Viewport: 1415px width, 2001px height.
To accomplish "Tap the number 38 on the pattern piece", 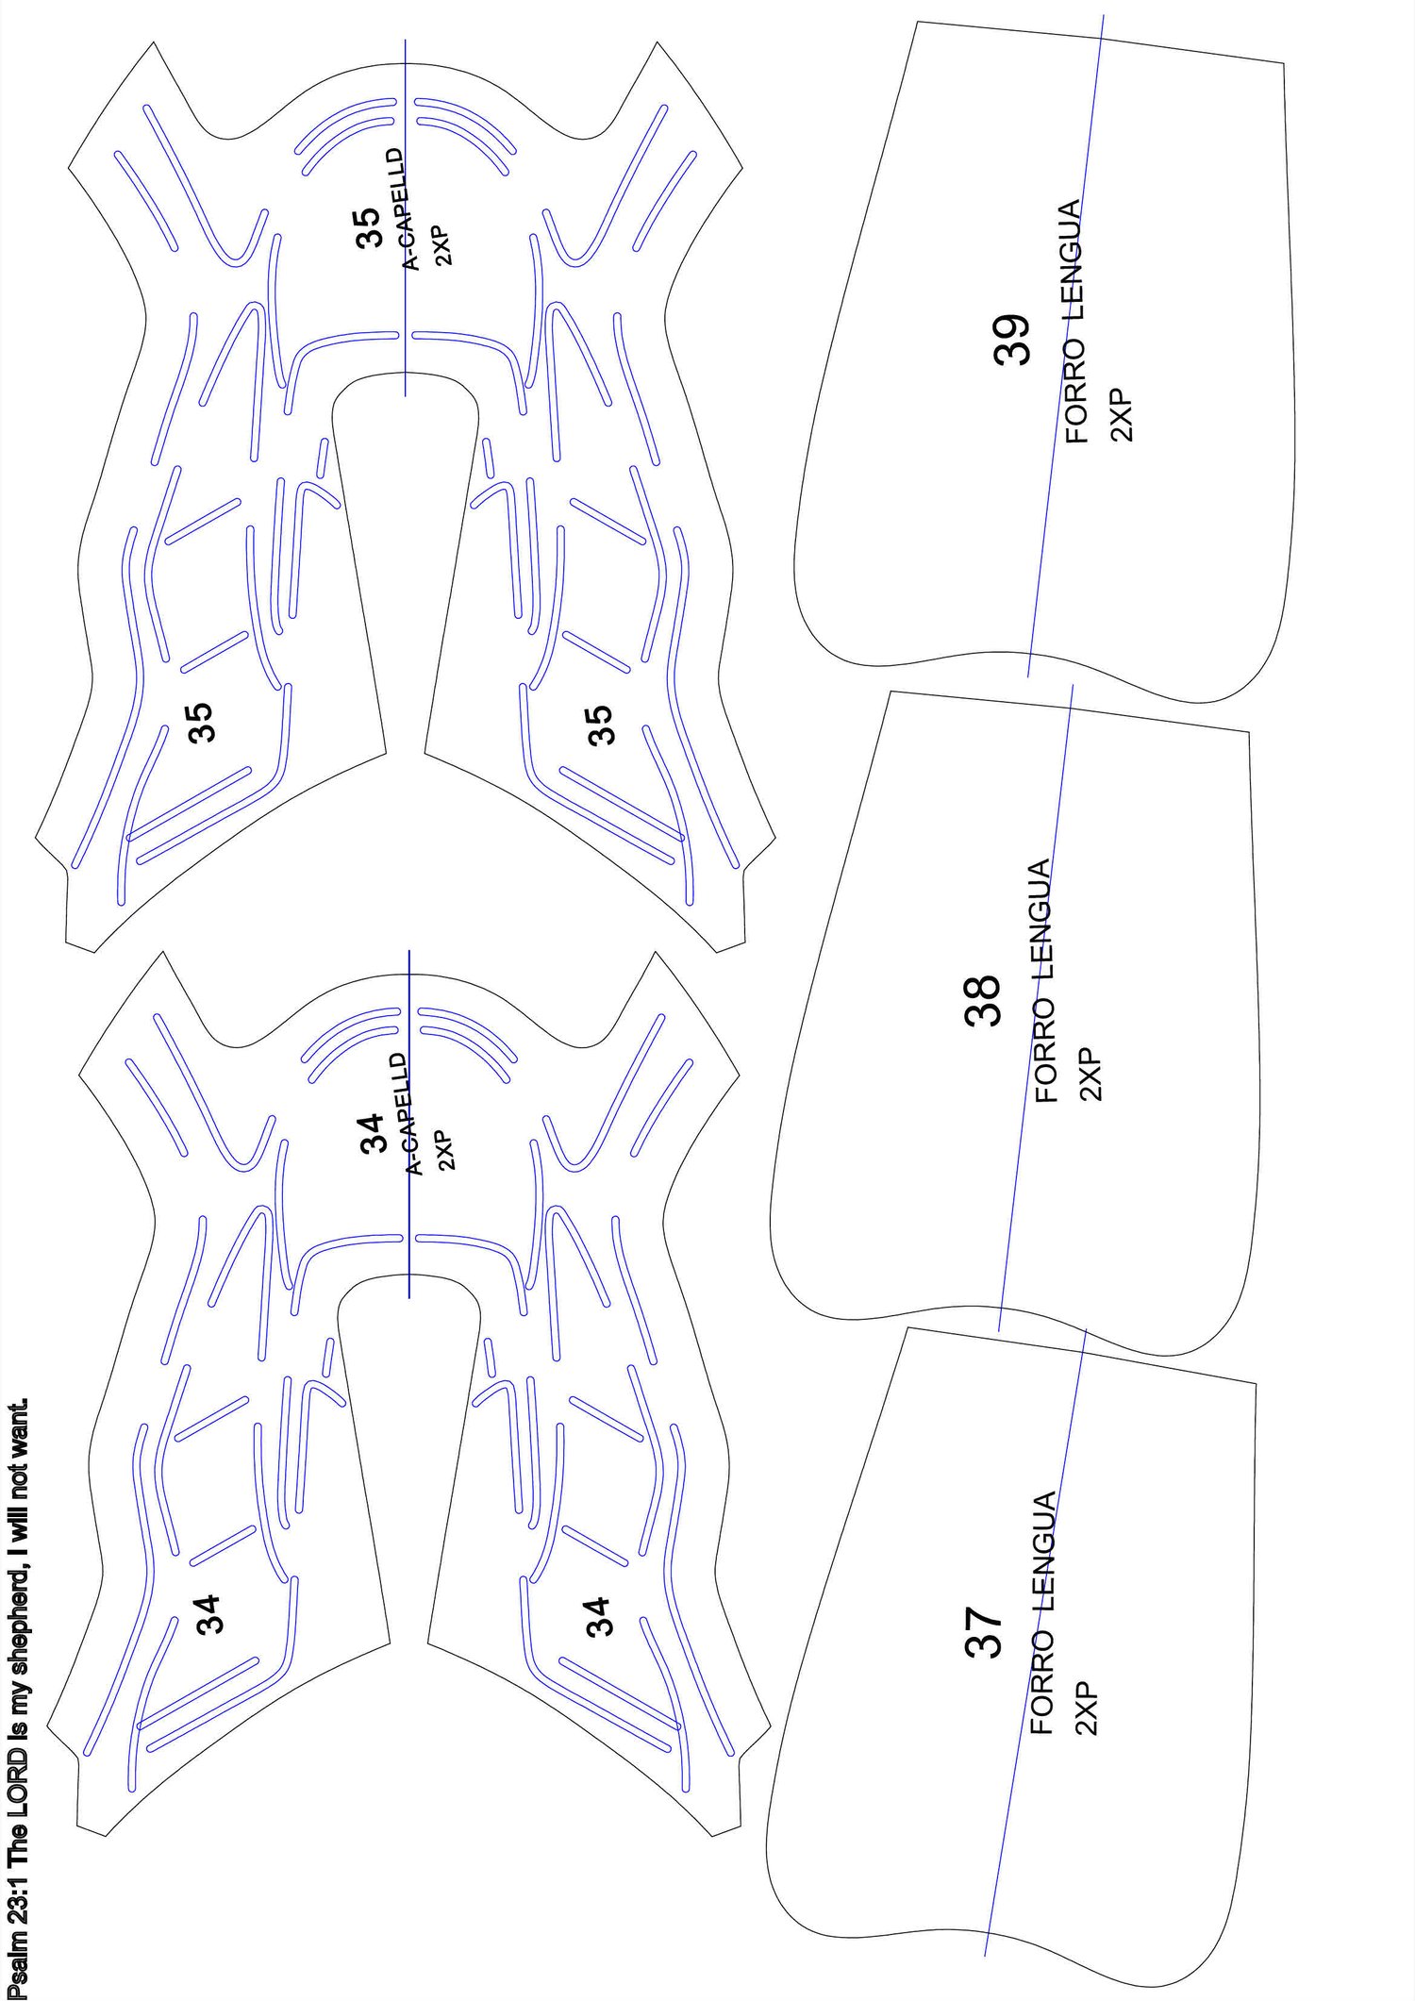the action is tap(982, 1000).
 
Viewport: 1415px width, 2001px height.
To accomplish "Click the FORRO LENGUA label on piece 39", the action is tap(1074, 322).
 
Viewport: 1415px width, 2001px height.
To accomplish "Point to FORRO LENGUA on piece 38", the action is tap(1044, 981).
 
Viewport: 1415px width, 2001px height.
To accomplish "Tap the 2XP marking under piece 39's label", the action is tap(1123, 414).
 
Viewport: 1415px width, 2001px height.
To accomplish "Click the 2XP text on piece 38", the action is tap(1090, 1074).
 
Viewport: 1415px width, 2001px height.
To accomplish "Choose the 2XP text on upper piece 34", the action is tap(445, 1150).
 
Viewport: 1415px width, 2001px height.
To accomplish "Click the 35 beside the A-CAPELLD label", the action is tap(367, 227).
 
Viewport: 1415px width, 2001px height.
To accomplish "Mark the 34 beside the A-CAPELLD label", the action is tap(372, 1132).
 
